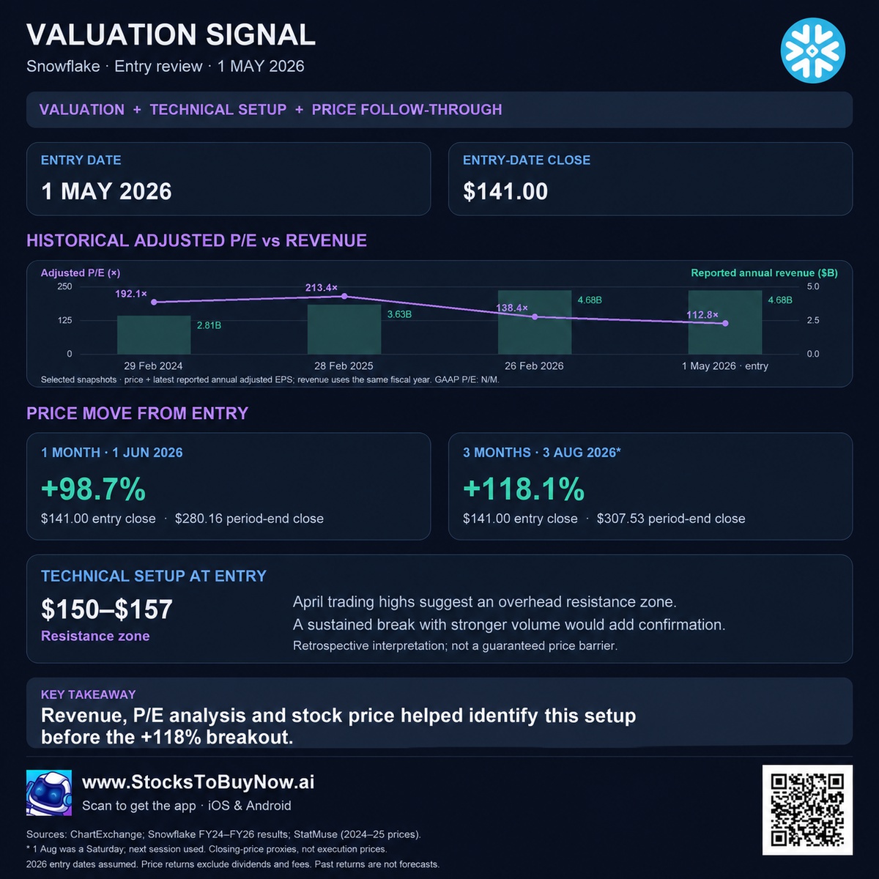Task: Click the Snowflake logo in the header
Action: point(812,51)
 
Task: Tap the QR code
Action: point(807,809)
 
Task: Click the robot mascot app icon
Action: point(49,793)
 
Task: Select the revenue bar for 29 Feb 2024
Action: point(154,335)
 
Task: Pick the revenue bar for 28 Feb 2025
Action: point(344,330)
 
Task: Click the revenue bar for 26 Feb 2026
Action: point(535,322)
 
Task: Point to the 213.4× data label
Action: point(321,288)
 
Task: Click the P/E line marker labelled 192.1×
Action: point(154,302)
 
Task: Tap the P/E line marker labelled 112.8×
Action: point(725,324)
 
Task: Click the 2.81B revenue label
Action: point(209,325)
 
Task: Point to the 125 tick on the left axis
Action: point(64,320)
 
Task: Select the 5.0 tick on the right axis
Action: point(813,286)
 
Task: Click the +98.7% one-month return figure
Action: point(94,489)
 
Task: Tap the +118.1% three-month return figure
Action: point(524,489)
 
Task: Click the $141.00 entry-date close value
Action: point(505,191)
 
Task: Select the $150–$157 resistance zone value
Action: point(107,609)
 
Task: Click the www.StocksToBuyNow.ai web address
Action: point(198,782)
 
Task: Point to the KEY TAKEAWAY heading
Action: point(89,694)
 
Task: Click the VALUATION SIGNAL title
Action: point(171,34)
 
